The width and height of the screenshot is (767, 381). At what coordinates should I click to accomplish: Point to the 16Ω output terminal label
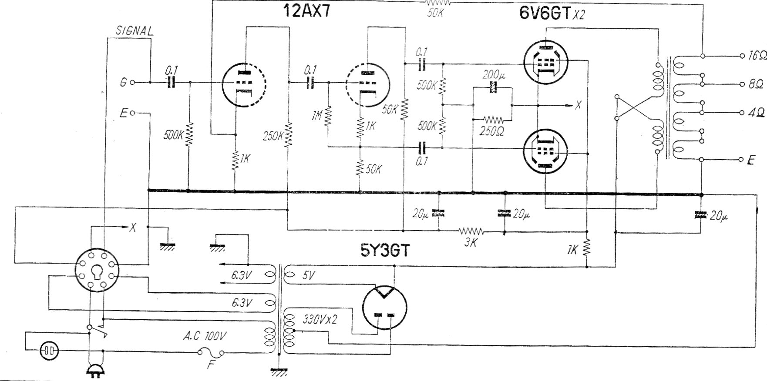(756, 56)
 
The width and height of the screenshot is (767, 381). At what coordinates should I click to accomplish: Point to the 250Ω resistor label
(492, 131)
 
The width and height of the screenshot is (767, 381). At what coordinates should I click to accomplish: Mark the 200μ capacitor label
(494, 75)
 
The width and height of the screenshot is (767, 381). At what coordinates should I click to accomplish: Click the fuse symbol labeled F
(212, 354)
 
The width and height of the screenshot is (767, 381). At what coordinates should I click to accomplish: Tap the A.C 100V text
(204, 336)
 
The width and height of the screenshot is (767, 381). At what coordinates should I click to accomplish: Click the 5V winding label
(308, 275)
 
